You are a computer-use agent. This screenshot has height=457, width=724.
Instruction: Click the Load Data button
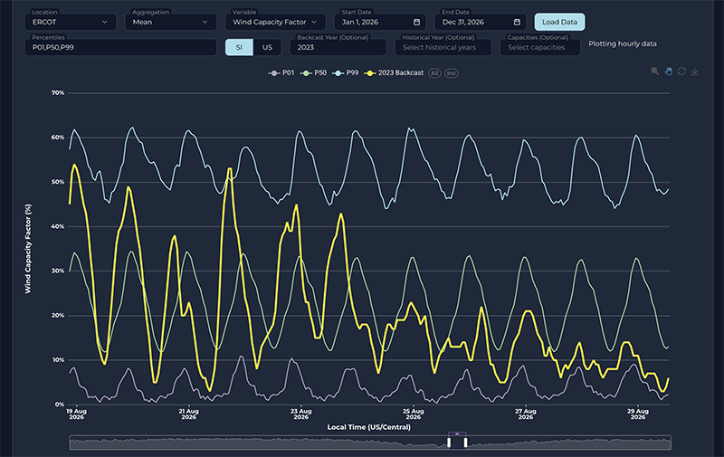point(559,22)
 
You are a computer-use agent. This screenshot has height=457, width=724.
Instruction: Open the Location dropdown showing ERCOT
point(71,22)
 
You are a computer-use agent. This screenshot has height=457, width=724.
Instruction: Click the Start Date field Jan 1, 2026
point(378,22)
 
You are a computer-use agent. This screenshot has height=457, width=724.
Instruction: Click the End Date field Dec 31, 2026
point(480,22)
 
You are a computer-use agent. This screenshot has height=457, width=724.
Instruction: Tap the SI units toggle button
point(239,47)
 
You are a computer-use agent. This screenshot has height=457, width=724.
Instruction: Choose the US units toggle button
point(267,47)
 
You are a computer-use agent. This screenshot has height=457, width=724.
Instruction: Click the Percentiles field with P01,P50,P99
point(120,47)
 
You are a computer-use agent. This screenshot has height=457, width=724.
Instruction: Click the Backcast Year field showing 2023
point(337,47)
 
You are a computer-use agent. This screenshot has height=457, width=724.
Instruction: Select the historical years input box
point(443,47)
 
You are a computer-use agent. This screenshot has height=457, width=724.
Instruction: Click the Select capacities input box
point(539,47)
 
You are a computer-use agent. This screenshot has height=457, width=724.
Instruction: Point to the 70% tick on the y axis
point(57,93)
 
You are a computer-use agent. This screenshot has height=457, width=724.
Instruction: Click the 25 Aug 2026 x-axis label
point(414,414)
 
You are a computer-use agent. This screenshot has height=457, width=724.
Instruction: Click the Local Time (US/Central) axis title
point(368,426)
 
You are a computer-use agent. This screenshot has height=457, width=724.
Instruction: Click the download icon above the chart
point(695,72)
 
